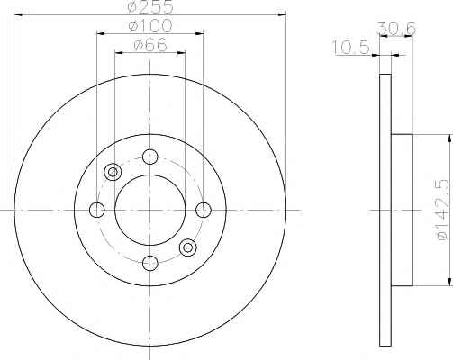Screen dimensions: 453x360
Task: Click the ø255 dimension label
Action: [150, 6]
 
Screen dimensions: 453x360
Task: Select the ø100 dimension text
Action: [150, 26]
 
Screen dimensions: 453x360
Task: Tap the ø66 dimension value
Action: [149, 45]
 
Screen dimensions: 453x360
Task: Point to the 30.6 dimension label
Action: [397, 29]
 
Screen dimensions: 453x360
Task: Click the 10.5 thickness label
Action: [350, 48]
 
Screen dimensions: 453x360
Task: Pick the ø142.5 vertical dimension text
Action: [443, 210]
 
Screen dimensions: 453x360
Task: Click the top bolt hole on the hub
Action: [150, 157]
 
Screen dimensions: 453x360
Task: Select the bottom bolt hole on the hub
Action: [150, 263]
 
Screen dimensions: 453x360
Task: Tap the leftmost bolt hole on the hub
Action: [96, 210]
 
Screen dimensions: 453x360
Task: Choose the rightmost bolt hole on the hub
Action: [204, 210]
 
